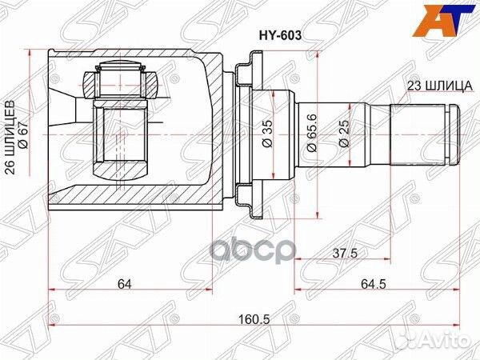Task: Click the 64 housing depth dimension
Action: [x=125, y=282]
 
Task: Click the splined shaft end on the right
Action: [x=424, y=132]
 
